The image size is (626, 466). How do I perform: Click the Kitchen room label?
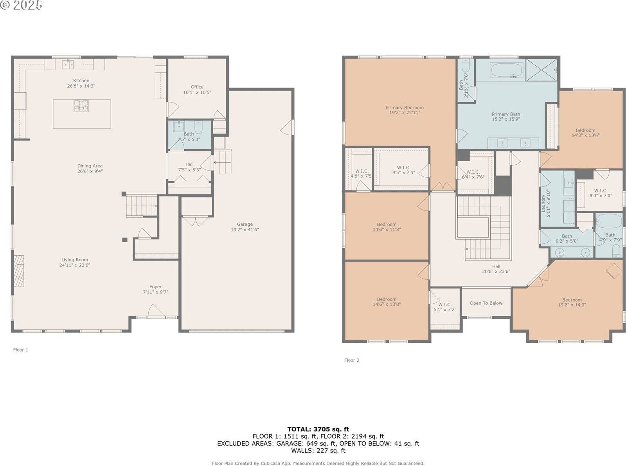[x=81, y=81]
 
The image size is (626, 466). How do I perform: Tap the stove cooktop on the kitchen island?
[x=82, y=106]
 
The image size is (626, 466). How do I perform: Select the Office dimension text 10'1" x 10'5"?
[x=197, y=93]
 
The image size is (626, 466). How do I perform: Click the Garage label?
[x=245, y=224]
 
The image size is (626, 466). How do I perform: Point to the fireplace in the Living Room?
[x=19, y=272]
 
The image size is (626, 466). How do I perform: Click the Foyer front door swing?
[x=156, y=311]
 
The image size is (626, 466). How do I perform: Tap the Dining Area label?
[x=90, y=166]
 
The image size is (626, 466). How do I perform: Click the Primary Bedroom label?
[x=405, y=108]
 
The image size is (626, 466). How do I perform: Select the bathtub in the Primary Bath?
[x=506, y=71]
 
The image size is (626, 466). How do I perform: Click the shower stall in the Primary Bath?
[x=541, y=70]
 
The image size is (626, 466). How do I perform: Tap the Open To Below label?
[x=486, y=303]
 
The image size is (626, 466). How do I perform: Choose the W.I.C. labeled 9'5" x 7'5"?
[x=403, y=170]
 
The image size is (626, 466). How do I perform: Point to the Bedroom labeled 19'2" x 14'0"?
[x=572, y=302]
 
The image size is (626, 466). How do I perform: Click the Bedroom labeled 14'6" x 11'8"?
[x=387, y=227]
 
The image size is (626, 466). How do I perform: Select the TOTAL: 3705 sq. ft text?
[x=318, y=429]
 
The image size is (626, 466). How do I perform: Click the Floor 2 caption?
[x=352, y=360]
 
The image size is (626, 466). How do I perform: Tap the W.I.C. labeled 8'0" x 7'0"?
[x=600, y=193]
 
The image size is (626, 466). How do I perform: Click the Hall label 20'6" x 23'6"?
[x=496, y=269]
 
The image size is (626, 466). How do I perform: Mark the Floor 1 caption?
[x=21, y=350]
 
